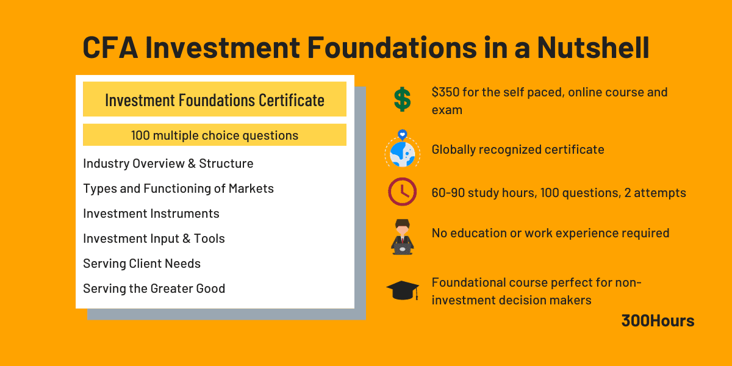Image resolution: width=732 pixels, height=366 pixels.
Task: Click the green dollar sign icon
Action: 402,99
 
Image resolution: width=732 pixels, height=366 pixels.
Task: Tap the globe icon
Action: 402,151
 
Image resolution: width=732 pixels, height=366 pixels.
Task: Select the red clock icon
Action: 402,192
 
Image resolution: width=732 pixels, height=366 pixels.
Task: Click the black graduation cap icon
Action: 402,289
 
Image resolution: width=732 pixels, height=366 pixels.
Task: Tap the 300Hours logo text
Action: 658,321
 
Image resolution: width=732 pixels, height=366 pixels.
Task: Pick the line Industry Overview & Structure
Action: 168,163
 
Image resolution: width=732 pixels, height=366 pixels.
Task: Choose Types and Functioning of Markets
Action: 178,188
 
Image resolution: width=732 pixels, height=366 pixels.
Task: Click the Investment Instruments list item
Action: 151,213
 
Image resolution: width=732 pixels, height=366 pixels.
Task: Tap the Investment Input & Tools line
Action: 154,239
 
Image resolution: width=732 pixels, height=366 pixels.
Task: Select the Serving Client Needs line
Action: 142,264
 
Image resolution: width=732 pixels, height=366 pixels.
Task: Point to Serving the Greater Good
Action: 154,289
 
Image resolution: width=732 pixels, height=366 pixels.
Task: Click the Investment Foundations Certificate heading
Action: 214,99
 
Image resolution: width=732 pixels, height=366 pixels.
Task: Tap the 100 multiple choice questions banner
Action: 214,135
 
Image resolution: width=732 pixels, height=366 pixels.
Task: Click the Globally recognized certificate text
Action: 517,149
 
